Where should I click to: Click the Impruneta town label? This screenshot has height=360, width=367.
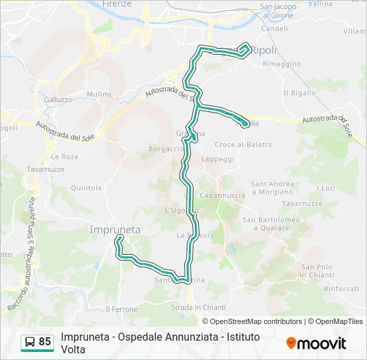(115, 229)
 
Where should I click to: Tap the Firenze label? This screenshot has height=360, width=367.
(117, 4)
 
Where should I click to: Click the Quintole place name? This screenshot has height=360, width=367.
(85, 188)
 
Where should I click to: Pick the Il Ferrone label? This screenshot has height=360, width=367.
(121, 309)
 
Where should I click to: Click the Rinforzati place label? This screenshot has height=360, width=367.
(342, 289)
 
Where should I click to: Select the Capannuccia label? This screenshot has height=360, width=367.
(222, 196)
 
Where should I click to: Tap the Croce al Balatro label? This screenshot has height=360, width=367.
(244, 145)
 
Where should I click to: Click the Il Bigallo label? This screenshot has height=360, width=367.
(300, 93)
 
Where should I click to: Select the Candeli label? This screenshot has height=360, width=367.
(275, 29)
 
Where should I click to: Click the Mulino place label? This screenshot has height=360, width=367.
(99, 95)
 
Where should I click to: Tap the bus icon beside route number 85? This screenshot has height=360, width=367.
(29, 343)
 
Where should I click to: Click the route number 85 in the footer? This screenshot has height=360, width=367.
(45, 342)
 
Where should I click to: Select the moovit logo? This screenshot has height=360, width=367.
(316, 343)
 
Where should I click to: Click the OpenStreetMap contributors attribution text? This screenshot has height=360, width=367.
(256, 321)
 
